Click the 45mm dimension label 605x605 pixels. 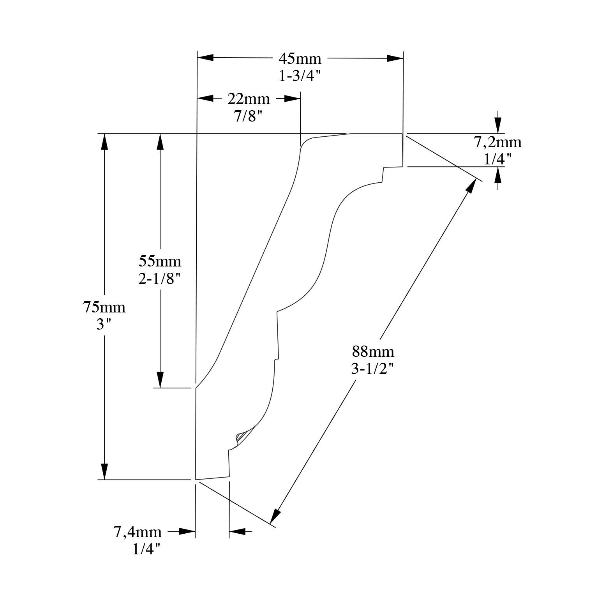coord(300,59)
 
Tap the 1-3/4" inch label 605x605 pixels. coord(300,76)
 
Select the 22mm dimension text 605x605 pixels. coord(249,99)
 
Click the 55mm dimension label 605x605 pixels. coord(160,260)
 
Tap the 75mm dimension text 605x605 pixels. coord(104,307)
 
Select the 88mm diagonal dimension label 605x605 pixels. coord(373,352)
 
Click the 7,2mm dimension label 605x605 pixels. coord(497,143)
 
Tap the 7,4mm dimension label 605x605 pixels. coord(138,532)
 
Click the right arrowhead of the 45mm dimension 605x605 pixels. coord(395,58)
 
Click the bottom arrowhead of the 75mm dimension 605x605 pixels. coord(104,471)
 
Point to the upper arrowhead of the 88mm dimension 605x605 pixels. coord(471,186)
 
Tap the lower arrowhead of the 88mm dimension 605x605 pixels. coord(275,516)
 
